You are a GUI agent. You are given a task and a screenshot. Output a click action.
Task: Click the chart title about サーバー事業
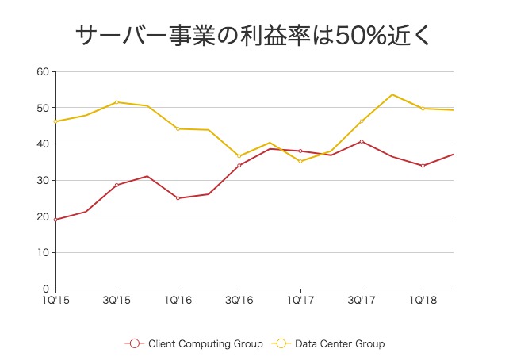click(x=254, y=35)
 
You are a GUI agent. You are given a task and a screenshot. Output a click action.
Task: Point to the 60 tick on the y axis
click(x=43, y=71)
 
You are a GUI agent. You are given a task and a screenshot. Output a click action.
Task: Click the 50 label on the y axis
click(x=43, y=108)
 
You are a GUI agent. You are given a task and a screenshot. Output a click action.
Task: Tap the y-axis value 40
click(x=43, y=144)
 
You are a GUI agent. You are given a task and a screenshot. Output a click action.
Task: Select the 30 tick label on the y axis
click(x=43, y=180)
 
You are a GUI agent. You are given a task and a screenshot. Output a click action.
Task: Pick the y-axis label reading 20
click(x=43, y=216)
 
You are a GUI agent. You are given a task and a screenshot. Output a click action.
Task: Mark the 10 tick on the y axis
click(x=43, y=253)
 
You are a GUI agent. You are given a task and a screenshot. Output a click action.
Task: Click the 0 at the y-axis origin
click(x=46, y=289)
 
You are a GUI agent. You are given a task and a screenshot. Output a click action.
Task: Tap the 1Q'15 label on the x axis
click(x=55, y=301)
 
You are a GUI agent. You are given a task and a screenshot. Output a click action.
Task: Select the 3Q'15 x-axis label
click(x=117, y=301)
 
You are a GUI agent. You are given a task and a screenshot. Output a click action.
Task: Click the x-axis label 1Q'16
click(x=178, y=301)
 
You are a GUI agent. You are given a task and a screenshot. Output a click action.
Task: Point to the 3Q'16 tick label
click(x=239, y=301)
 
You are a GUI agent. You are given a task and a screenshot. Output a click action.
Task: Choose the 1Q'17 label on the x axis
click(x=300, y=301)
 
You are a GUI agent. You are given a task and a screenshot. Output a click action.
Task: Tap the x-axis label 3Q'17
click(x=362, y=301)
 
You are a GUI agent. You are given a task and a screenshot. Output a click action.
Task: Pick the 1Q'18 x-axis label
click(x=423, y=301)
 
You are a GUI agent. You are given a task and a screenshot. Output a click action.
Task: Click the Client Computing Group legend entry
click(x=194, y=344)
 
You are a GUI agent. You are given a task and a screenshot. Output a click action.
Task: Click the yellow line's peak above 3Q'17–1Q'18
click(x=392, y=94)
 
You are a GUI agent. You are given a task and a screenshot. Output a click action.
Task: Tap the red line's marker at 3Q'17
click(x=362, y=141)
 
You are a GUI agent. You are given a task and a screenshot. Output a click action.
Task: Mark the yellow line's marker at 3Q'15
click(x=117, y=102)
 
